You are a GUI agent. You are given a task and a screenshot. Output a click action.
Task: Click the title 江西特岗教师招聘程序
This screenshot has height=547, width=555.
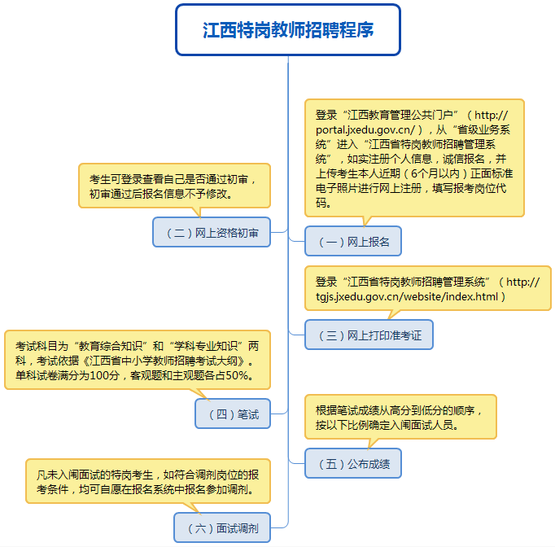(x=288, y=30)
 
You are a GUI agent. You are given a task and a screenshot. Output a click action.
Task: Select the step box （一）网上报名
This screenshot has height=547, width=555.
(x=353, y=241)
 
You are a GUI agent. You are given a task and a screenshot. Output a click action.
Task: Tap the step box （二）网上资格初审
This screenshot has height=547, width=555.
(x=212, y=232)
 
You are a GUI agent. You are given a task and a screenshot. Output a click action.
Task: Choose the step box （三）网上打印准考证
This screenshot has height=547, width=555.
(x=369, y=335)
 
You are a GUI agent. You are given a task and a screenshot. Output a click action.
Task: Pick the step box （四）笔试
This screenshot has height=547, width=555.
(x=233, y=414)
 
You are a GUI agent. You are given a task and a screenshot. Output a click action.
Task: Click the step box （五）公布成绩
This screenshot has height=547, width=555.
(x=353, y=463)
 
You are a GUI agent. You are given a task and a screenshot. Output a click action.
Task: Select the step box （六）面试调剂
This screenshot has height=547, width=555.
(x=222, y=527)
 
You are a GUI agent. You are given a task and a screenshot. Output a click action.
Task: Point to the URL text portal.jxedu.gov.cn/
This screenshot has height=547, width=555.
(x=365, y=130)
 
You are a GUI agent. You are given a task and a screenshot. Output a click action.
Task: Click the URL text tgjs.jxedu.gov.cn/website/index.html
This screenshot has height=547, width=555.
(x=407, y=296)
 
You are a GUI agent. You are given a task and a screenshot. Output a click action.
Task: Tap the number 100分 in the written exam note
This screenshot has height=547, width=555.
(x=105, y=375)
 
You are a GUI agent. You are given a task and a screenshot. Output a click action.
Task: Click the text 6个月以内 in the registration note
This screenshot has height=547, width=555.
(x=435, y=173)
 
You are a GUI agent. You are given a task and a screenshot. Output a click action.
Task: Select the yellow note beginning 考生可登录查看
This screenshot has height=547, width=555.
(x=174, y=186)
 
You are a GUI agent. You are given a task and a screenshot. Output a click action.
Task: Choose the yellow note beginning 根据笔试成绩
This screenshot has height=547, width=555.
(x=400, y=417)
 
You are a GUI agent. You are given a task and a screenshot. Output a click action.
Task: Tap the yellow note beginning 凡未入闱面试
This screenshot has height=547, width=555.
(x=148, y=482)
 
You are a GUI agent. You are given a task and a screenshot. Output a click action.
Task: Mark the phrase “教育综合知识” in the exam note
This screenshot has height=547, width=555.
(x=111, y=346)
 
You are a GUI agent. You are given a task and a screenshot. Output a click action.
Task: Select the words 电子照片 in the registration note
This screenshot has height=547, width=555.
(x=337, y=188)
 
